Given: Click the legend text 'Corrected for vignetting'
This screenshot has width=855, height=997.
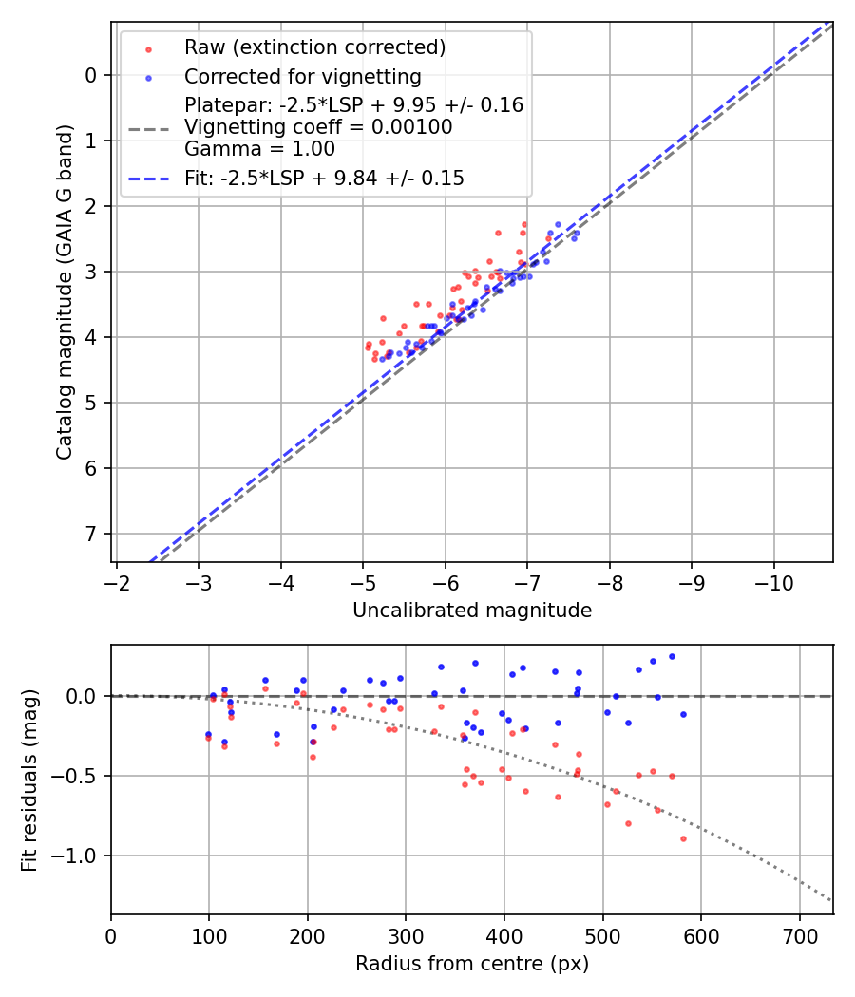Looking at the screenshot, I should [x=302, y=77].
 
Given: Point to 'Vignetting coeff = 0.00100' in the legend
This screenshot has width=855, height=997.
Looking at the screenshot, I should [x=318, y=127].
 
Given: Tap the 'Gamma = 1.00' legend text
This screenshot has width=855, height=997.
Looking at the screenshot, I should [x=259, y=149].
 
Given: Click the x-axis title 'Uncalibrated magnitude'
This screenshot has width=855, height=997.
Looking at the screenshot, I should [x=472, y=611].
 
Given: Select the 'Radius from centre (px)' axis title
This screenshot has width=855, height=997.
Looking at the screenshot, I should [x=472, y=964].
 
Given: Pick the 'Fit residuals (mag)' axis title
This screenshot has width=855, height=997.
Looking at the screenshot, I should [x=29, y=781].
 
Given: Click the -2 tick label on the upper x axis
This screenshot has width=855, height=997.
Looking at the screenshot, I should [x=117, y=581].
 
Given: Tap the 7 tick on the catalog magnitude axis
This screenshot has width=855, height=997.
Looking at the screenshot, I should [x=91, y=534].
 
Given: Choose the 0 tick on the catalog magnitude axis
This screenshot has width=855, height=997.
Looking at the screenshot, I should [x=91, y=75].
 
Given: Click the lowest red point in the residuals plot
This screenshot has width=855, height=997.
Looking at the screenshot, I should [x=683, y=838].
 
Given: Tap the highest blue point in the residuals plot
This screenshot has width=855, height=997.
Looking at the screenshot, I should [x=672, y=656].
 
